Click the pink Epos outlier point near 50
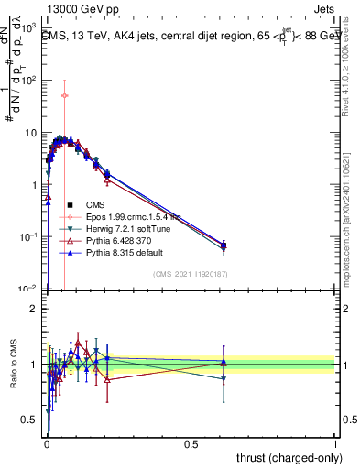click(64, 95)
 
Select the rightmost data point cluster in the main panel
click(224, 245)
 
